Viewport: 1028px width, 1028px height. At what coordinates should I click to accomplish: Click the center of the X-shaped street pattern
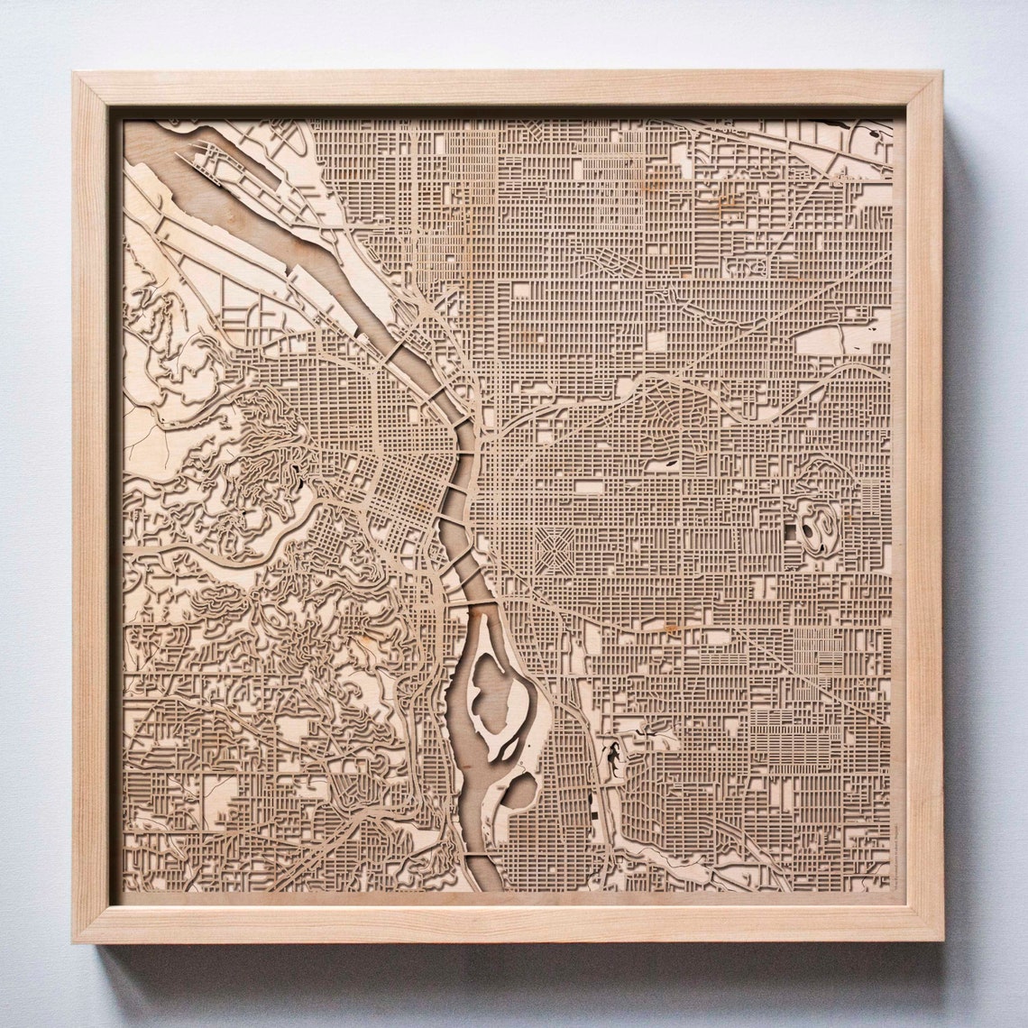[555, 550]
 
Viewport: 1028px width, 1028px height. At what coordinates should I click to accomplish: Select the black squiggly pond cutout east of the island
[614, 757]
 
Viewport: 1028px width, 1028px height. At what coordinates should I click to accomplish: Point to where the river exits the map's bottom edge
[487, 888]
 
